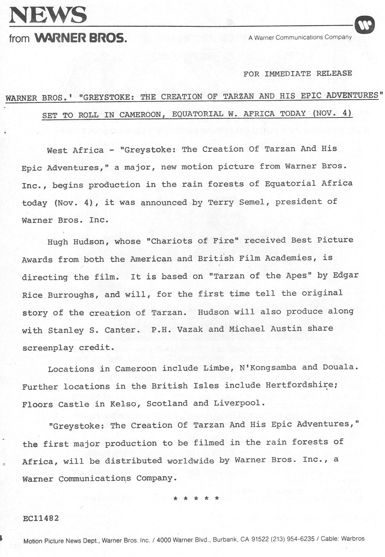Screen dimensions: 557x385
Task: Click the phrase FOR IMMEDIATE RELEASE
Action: pos(298,73)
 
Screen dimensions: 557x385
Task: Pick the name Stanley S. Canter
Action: pos(92,330)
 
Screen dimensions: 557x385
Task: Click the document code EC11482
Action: pos(41,518)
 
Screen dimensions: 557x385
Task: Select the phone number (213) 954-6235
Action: pos(293,539)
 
